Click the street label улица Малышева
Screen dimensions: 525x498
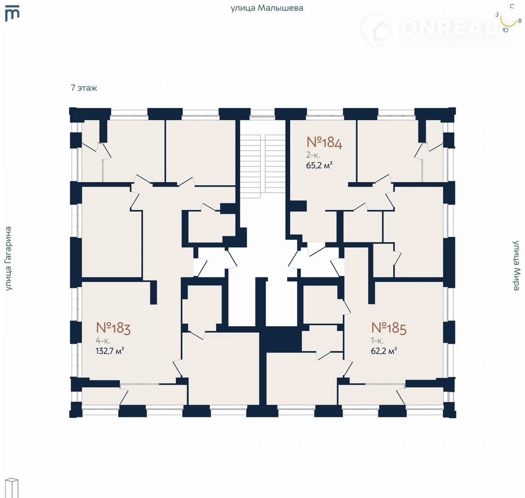(267, 8)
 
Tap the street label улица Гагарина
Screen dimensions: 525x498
(8, 258)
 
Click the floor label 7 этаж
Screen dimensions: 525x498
(84, 88)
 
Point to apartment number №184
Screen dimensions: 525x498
(324, 142)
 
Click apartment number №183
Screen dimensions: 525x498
(113, 328)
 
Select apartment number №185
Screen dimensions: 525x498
(389, 328)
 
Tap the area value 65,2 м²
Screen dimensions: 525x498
(319, 165)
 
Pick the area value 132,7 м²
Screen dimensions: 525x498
(110, 351)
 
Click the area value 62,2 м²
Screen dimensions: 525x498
(384, 351)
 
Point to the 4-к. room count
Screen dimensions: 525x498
(103, 341)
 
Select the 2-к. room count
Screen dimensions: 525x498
(313, 155)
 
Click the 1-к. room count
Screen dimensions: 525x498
(377, 341)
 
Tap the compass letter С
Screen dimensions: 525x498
(512, 7)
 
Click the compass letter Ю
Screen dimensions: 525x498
(505, 30)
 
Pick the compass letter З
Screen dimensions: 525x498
(497, 15)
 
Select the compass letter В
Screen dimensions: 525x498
(520, 20)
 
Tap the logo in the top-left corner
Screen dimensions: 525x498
(12, 14)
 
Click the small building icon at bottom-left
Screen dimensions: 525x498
(13, 488)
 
